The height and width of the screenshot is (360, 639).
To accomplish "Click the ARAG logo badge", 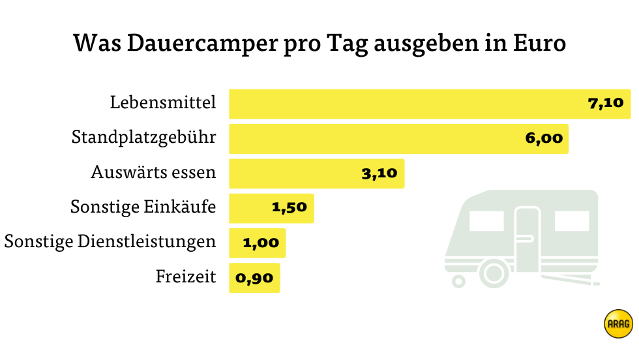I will tap(618, 323).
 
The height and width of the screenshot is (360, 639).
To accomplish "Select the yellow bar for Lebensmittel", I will tap(404, 104).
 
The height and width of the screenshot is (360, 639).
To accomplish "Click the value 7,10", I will tap(606, 104).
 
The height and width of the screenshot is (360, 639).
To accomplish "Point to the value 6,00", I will tap(543, 139).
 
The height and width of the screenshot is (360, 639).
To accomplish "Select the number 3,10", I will tap(379, 173).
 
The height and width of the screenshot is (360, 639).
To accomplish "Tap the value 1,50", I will tap(289, 208).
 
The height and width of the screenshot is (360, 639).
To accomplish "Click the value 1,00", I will tap(261, 243).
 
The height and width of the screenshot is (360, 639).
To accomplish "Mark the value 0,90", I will tap(254, 278).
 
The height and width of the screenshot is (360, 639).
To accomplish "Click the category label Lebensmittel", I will tap(163, 104).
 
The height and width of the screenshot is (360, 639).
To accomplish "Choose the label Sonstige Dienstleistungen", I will tap(110, 242).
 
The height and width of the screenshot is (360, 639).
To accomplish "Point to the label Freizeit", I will tap(186, 277).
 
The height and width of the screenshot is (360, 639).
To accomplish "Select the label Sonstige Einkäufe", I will tap(143, 208).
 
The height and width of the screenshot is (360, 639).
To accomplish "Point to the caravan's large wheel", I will tap(494, 271).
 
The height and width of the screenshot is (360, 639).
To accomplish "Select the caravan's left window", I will tap(486, 222).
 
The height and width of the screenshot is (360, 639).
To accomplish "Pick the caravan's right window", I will tap(571, 222).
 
